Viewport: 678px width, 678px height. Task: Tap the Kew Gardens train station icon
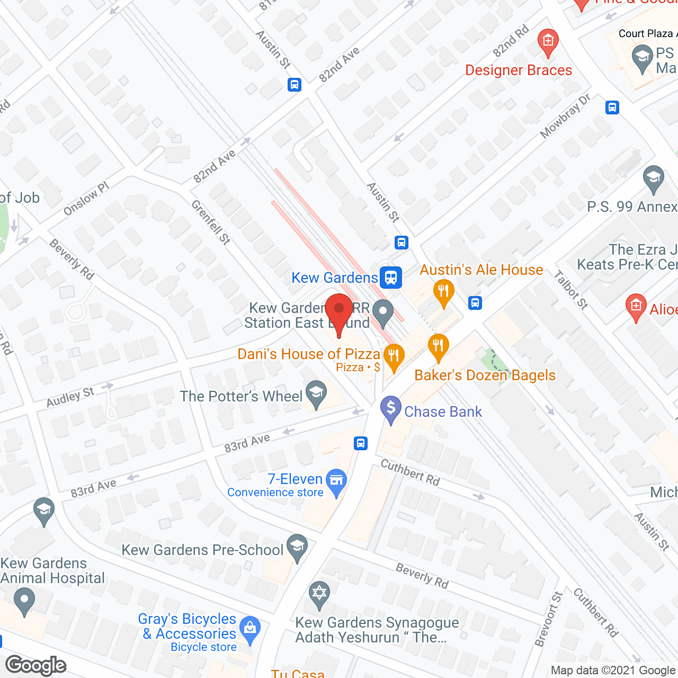[391, 277]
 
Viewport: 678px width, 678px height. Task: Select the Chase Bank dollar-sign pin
[391, 409]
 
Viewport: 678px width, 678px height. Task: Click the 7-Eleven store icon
[336, 481]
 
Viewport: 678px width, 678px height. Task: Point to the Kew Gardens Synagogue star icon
[319, 592]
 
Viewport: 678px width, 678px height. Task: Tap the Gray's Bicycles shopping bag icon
[250, 629]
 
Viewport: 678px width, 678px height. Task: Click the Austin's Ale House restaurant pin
[443, 292]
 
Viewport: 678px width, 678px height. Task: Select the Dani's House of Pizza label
[309, 354]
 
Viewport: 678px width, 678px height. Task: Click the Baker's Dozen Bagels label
[485, 375]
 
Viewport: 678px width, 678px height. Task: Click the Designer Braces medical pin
[548, 42]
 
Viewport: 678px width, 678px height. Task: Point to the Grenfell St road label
[210, 222]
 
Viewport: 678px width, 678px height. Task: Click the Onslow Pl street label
[86, 199]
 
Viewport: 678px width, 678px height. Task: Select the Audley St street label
[70, 397]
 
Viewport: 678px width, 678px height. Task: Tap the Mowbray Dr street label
[565, 117]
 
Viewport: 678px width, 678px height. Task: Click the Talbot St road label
[571, 290]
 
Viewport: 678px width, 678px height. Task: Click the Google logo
[36, 665]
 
